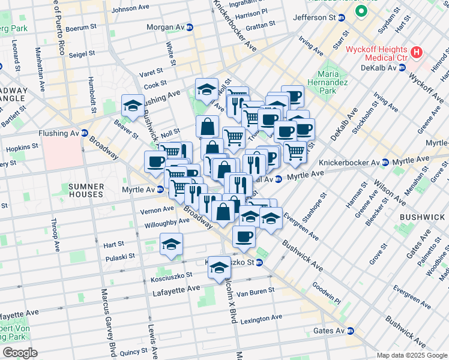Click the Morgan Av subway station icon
[x=190, y=27]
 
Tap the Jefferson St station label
[x=314, y=18]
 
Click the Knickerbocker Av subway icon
[x=385, y=163]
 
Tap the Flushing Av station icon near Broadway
[x=85, y=133]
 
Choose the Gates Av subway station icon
[x=351, y=331]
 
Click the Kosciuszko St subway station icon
[x=259, y=262]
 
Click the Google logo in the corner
[x=20, y=353]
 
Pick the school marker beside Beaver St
[x=133, y=106]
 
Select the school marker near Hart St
[x=171, y=244]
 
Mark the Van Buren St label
[x=255, y=290]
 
